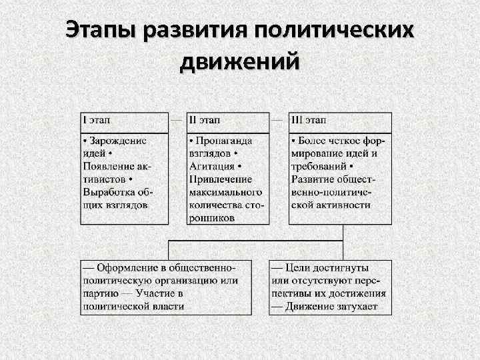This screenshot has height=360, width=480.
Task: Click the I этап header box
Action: pos(124,122)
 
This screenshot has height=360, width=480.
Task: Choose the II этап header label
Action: pos(205,121)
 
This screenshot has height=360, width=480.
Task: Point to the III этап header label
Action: pos(308,121)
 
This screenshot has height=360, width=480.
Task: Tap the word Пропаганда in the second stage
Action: pos(229,141)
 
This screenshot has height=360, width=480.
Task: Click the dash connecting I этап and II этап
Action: pos(177,121)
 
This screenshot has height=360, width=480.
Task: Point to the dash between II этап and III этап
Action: pos(279,121)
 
